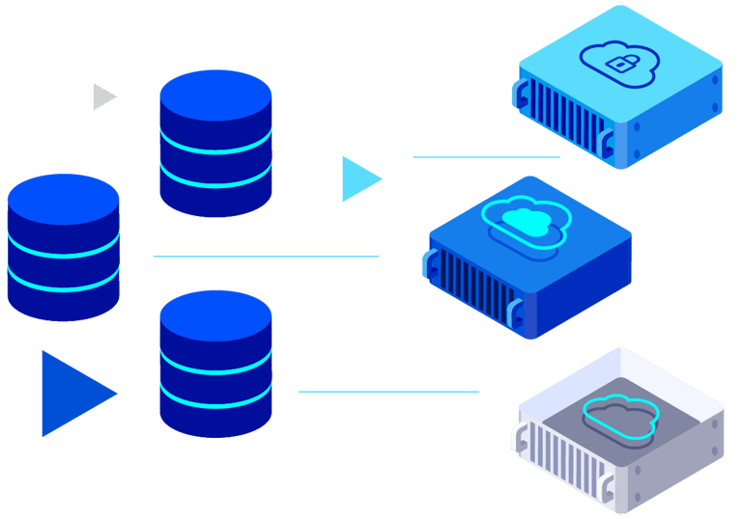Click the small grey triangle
102,96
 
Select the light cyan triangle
357,179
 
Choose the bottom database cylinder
215,364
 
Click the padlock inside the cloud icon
616,64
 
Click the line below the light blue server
487,156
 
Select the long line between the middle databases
266,257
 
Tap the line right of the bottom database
388,392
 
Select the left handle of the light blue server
523,94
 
